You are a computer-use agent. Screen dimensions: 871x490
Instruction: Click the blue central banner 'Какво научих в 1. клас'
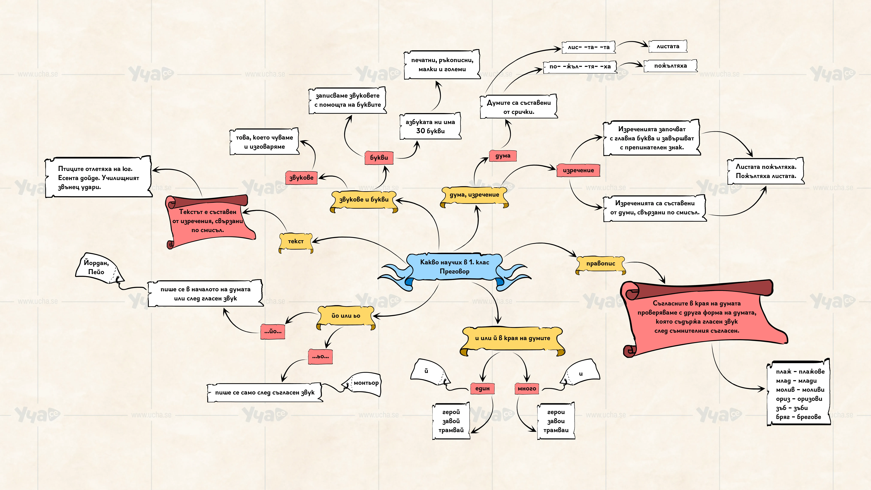pyautogui.click(x=454, y=267)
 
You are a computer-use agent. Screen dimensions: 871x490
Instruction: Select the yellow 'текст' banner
pyautogui.click(x=296, y=242)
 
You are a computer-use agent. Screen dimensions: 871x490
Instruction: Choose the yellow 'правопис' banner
pyautogui.click(x=600, y=264)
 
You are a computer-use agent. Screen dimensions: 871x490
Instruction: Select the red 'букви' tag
pyautogui.click(x=379, y=158)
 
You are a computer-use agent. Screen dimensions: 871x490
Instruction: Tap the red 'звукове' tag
pyautogui.click(x=301, y=178)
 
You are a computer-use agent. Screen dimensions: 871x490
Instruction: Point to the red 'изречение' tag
pyautogui.click(x=578, y=170)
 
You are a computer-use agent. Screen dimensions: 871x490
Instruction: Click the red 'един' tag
pyautogui.click(x=482, y=389)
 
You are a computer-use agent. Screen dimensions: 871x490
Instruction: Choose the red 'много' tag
pyautogui.click(x=527, y=389)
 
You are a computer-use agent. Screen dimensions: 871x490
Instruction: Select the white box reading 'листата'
pyautogui.click(x=668, y=46)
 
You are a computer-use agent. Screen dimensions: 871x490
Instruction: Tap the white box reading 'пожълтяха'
pyautogui.click(x=671, y=66)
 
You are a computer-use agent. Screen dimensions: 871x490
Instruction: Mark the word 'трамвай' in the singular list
pyautogui.click(x=451, y=430)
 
